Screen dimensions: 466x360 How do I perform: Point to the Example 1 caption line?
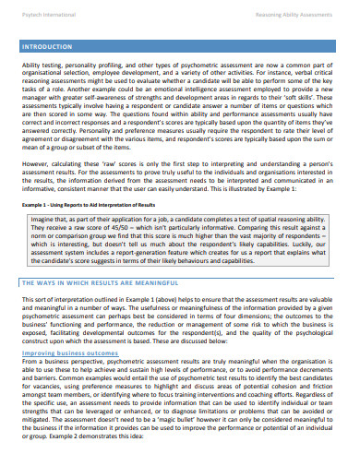point(89,203)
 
